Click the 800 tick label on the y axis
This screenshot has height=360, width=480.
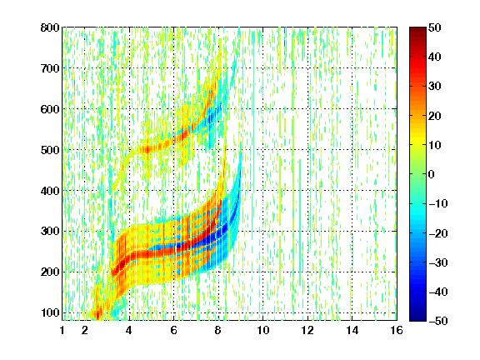click(x=50, y=27)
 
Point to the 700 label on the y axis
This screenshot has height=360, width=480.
click(x=50, y=68)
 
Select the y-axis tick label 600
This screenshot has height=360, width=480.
click(x=50, y=109)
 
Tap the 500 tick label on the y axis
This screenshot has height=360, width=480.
click(x=50, y=150)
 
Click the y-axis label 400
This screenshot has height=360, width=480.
click(x=50, y=191)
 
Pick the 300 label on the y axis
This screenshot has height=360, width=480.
click(x=50, y=231)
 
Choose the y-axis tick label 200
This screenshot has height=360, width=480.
click(x=50, y=272)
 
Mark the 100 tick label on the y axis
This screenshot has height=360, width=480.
click(x=50, y=312)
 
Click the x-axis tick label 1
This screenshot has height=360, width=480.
click(x=62, y=330)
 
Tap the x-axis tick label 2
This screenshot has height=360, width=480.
click(x=85, y=330)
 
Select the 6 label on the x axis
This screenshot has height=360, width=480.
click(x=173, y=330)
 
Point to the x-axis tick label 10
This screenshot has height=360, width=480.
click(x=263, y=330)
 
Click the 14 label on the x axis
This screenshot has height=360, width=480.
click(x=352, y=330)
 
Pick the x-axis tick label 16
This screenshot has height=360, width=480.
click(x=397, y=330)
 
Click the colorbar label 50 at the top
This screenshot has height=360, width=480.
click(x=434, y=27)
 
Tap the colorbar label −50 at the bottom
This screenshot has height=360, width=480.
click(x=437, y=321)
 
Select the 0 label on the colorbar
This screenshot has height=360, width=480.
click(x=432, y=174)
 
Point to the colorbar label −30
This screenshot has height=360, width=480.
click(x=437, y=262)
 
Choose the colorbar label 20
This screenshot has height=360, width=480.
click(x=434, y=116)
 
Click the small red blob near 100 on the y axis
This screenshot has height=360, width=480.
click(x=97, y=313)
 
